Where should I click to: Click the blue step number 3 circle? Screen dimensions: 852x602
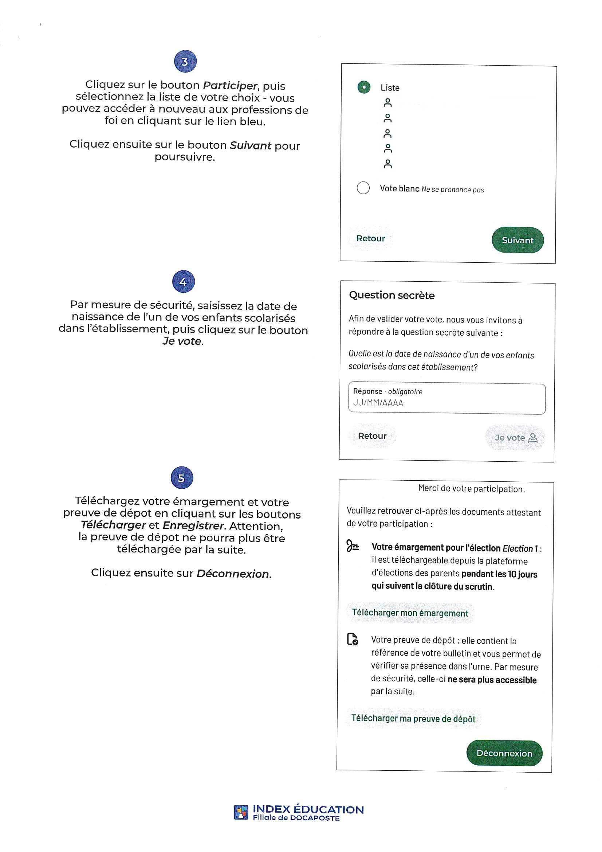click(x=185, y=61)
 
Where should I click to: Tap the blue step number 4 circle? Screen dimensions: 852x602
click(x=183, y=282)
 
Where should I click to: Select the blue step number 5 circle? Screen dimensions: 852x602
click(x=182, y=478)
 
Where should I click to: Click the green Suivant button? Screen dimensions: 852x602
click(x=518, y=240)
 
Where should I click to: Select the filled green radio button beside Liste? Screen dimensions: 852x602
click(x=364, y=87)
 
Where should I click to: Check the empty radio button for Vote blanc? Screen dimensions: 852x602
click(x=363, y=188)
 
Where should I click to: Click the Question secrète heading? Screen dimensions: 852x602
click(x=392, y=296)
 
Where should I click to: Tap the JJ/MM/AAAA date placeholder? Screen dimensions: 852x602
click(x=378, y=403)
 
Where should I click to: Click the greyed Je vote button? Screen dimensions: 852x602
click(x=515, y=438)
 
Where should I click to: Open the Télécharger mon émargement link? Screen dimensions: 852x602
click(x=410, y=613)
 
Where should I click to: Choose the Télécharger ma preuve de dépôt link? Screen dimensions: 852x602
click(x=413, y=718)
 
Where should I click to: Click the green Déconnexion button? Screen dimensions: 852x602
click(x=504, y=753)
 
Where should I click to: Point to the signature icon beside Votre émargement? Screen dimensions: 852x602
click(x=352, y=546)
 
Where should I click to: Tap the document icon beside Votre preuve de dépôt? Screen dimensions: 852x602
click(x=353, y=640)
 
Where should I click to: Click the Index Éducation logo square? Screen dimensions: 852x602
click(x=241, y=812)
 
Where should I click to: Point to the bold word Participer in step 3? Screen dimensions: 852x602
click(x=230, y=86)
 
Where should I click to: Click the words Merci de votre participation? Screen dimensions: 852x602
click(x=471, y=489)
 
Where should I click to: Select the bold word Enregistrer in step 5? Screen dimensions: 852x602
click(x=193, y=526)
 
